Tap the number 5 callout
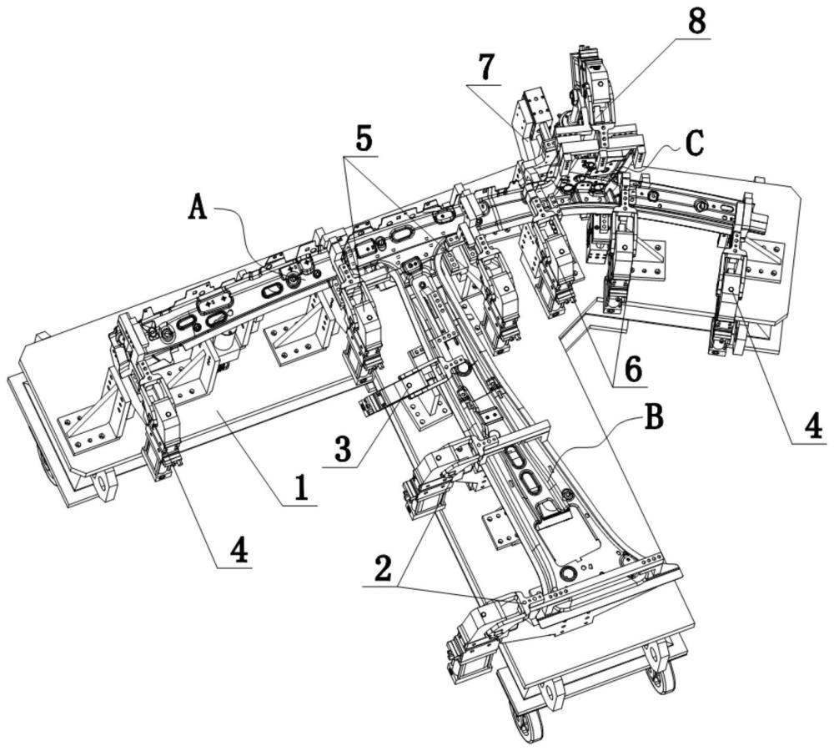coord(364,138)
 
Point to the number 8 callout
coord(696,23)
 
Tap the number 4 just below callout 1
coord(239,552)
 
